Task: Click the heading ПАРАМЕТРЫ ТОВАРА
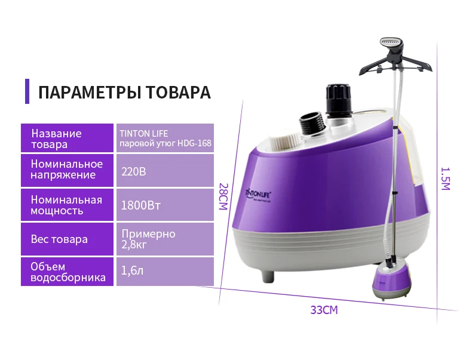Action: click(124, 92)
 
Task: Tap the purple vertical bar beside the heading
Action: click(27, 91)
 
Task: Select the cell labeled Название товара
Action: click(67, 138)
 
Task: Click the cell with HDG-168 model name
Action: click(165, 138)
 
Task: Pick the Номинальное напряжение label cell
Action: click(67, 170)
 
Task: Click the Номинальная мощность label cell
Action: click(67, 205)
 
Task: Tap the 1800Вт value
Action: click(140, 206)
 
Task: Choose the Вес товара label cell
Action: click(67, 239)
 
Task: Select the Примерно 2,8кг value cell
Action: click(165, 239)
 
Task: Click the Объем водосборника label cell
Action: click(67, 272)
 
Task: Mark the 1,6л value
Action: click(132, 270)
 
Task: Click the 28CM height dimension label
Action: click(223, 196)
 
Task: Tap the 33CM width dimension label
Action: click(324, 310)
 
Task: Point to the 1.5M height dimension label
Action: click(446, 179)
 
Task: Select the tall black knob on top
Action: click(339, 101)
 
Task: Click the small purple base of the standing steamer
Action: click(391, 282)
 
